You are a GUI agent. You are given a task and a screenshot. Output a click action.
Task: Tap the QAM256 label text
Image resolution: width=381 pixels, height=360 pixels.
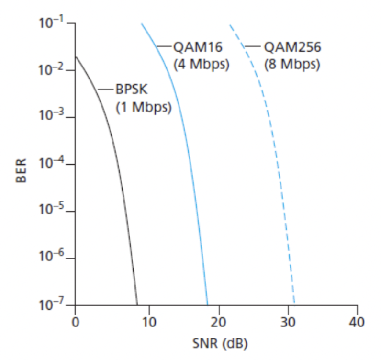(x=291, y=47)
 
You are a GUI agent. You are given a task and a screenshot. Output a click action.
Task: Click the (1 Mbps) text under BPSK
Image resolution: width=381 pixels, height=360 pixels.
(x=144, y=107)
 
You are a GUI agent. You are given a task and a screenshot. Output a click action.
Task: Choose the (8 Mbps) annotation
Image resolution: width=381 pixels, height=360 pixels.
(x=292, y=64)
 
